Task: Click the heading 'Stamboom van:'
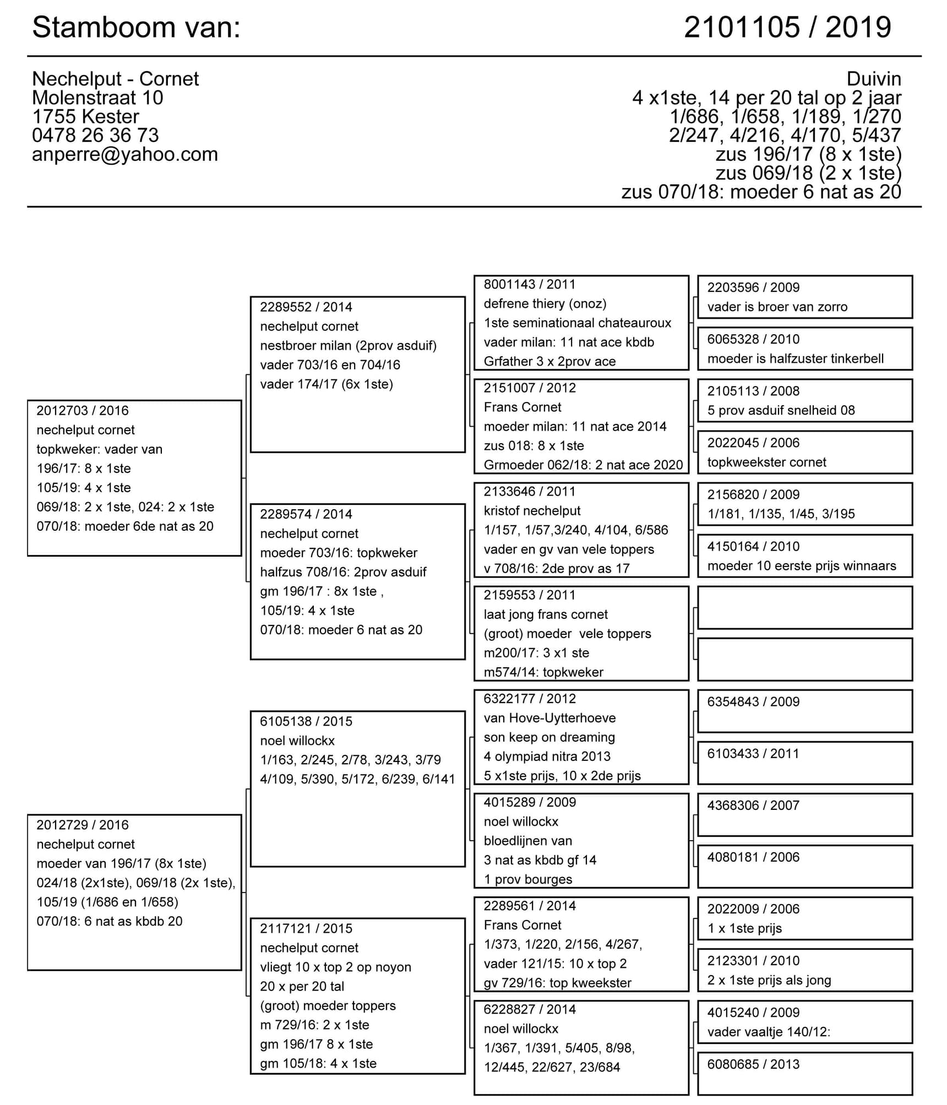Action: pos(137,28)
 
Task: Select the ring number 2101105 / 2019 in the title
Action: pos(787,28)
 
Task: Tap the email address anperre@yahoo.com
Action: pos(125,155)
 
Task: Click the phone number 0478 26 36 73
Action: pos(95,135)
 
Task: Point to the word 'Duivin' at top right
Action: pos(873,79)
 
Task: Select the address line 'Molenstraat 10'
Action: pos(97,98)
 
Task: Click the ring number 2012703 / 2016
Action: pos(83,411)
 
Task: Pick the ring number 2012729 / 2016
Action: pos(83,825)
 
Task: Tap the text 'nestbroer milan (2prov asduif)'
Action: pos(348,346)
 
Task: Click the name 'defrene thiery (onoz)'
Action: pos(545,304)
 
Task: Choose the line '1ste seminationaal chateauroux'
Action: pos(577,323)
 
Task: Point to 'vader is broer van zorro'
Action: pos(777,307)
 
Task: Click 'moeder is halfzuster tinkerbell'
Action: pos(795,359)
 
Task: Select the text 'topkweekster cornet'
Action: pos(766,462)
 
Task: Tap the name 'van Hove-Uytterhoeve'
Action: pos(549,718)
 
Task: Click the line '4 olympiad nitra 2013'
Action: pos(547,756)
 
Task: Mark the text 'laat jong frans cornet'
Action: pos(546,614)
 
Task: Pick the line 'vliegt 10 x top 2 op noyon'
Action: pos(335,967)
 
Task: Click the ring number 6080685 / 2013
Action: pos(753,1064)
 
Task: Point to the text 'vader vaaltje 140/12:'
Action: pos(769,1032)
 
